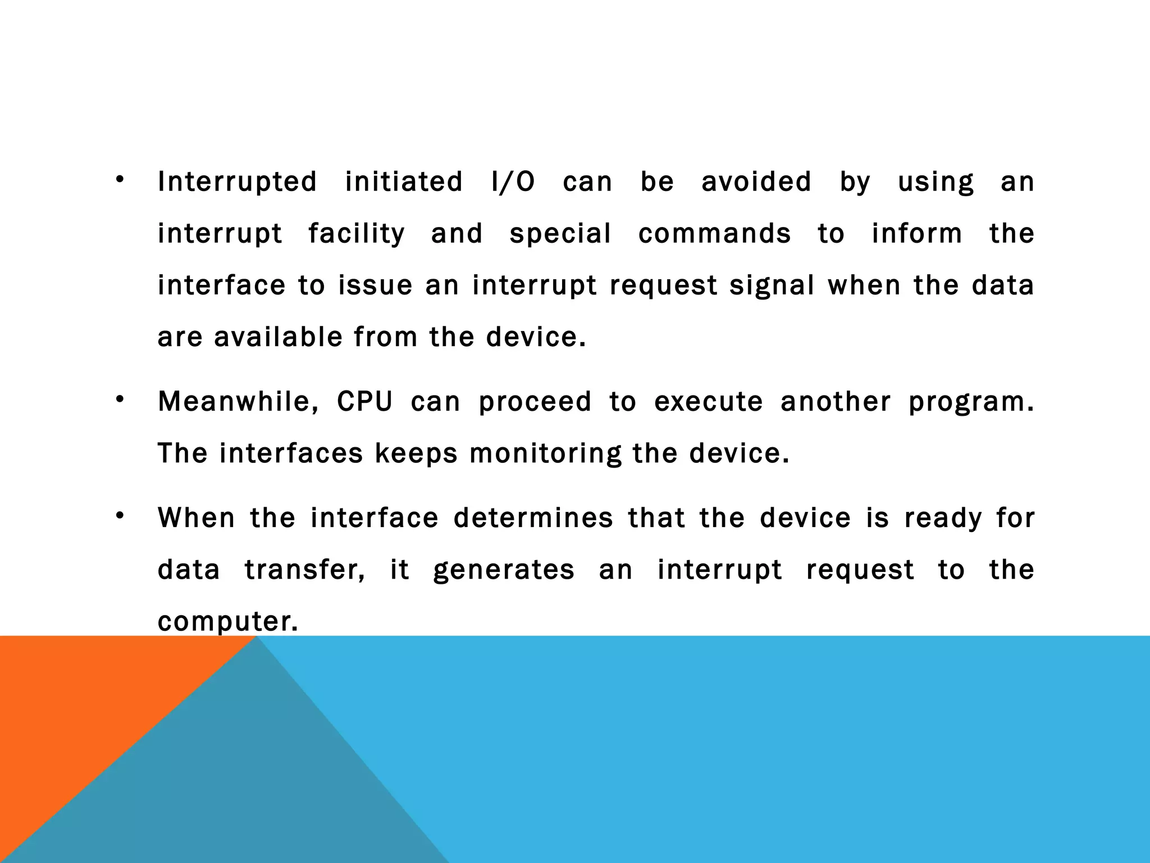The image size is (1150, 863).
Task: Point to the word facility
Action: click(357, 234)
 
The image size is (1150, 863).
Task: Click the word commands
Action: click(714, 234)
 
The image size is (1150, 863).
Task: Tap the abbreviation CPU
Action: click(365, 402)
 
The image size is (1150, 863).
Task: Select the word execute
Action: click(709, 402)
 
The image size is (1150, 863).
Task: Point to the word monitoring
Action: click(545, 454)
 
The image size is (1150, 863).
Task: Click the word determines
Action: click(533, 518)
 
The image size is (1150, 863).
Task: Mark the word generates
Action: click(504, 570)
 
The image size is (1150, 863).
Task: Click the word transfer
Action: click(305, 570)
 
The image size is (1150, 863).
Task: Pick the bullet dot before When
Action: click(120, 516)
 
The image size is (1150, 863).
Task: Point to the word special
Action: click(560, 234)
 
